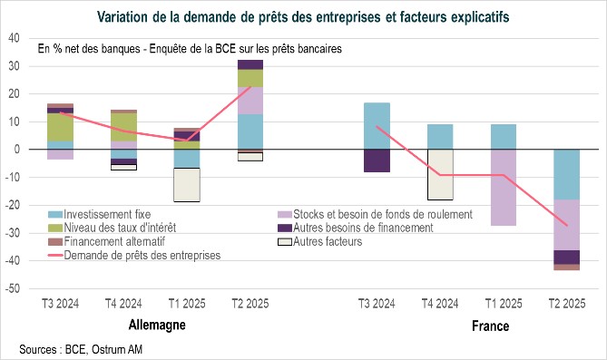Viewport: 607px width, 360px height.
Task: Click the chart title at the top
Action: (303, 15)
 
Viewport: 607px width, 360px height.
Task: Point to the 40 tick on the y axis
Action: (14, 37)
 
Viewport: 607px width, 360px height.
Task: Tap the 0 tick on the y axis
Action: (17, 150)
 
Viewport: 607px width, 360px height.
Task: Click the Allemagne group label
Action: (148, 324)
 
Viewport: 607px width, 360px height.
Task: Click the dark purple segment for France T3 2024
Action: (377, 161)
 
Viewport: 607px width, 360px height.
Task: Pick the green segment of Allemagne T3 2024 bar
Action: (60, 127)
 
